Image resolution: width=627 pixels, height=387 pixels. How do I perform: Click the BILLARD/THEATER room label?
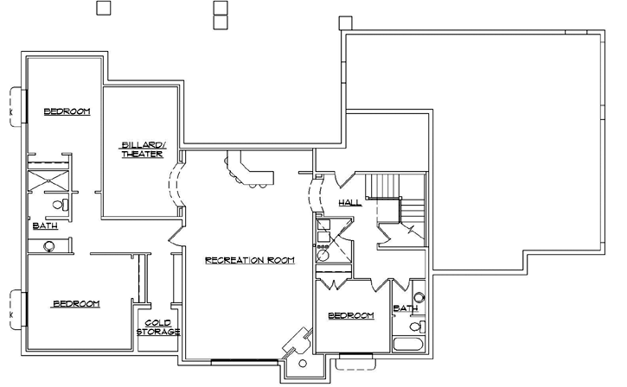pos(142,149)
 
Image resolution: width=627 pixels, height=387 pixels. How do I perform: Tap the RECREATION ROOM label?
pos(250,259)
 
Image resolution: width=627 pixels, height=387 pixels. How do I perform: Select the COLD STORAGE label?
pos(158,327)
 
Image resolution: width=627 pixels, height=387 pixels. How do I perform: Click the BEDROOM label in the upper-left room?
pos(67,111)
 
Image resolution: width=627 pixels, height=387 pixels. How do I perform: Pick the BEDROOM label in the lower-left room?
pos(76,303)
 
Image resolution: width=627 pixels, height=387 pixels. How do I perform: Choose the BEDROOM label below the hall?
pos(351,316)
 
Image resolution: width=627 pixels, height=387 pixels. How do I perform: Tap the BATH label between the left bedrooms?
pos(44,226)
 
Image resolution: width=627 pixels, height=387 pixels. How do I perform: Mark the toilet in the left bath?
pos(61,205)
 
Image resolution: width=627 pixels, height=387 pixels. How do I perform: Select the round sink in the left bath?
pos(49,246)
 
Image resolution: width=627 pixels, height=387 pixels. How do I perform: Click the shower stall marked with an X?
pos(49,181)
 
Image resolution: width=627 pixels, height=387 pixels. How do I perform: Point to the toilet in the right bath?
pos(416,327)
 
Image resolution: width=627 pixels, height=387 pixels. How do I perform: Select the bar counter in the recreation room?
pos(249,171)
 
